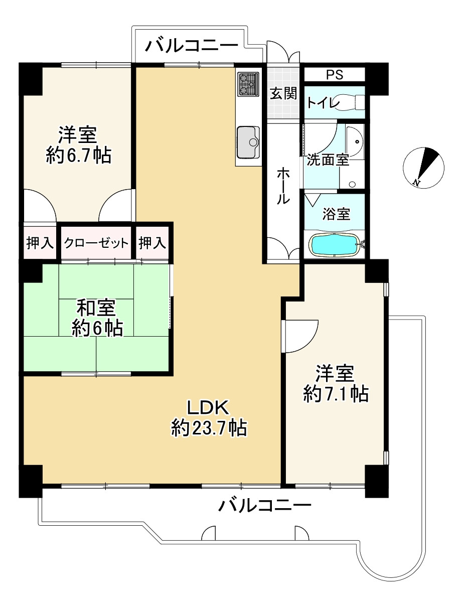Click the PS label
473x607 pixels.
[x=335, y=75]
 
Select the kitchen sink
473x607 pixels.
[x=248, y=142]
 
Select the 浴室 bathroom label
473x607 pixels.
[x=336, y=214]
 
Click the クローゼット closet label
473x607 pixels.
[x=96, y=243]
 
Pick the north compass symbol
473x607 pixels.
[x=423, y=168]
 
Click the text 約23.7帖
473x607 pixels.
[x=209, y=428]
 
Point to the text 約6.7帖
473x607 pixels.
[x=78, y=155]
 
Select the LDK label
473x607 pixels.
[x=208, y=407]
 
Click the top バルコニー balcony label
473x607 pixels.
[x=191, y=46]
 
